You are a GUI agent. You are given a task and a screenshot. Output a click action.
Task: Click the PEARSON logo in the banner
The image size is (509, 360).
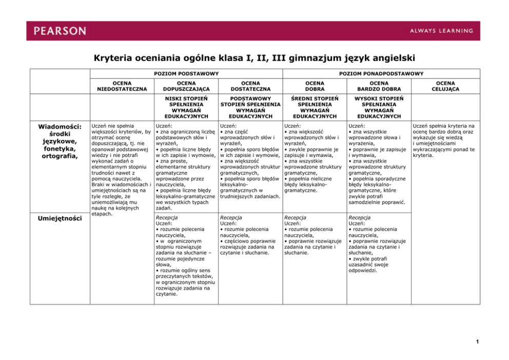(x=61, y=31)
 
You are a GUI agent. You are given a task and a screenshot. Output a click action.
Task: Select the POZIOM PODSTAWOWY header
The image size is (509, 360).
(x=186, y=74)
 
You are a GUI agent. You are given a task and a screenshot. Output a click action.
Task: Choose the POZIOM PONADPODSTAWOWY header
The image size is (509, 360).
(x=380, y=74)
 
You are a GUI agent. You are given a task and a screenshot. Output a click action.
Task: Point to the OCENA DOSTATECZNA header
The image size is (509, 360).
(x=250, y=86)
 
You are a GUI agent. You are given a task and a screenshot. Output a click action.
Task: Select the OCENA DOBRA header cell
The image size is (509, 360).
(x=315, y=86)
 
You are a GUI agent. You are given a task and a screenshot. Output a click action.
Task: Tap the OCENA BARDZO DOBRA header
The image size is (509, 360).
(x=379, y=86)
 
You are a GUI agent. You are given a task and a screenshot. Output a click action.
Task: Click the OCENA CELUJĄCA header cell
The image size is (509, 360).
(x=444, y=86)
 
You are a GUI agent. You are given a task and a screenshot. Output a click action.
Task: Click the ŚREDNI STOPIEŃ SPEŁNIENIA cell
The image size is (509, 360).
(x=315, y=107)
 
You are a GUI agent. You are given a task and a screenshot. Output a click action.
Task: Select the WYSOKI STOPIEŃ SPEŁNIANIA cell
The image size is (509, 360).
(x=379, y=107)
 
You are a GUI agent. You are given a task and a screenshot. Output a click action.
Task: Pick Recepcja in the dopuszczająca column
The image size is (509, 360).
(x=166, y=217)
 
